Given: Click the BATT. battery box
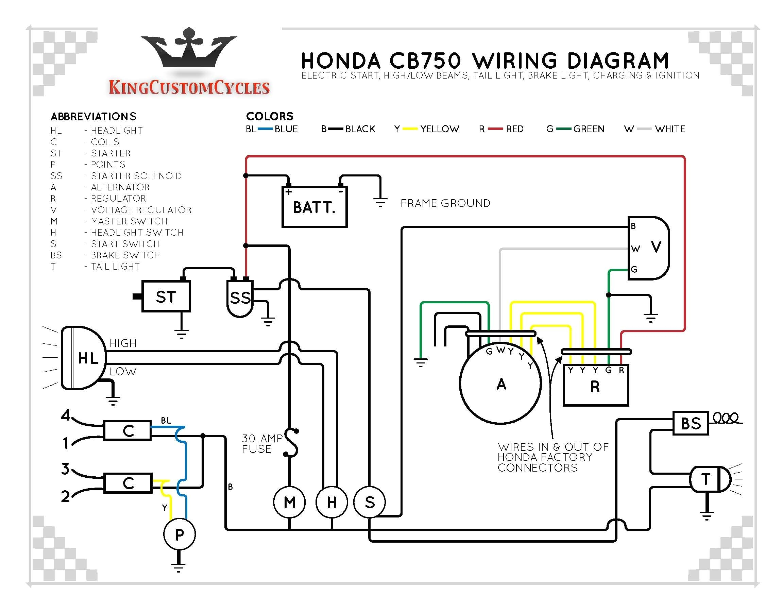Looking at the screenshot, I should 314,207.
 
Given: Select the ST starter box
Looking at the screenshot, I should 166,297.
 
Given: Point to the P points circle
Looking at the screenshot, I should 180,534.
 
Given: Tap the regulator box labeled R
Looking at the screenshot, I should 595,386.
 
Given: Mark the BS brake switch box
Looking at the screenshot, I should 690,423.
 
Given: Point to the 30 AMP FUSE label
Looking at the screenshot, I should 262,444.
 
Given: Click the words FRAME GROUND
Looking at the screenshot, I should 445,203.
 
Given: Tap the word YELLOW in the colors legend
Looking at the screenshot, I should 440,129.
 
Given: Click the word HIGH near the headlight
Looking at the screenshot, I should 123,343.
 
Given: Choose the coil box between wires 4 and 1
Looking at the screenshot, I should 128,430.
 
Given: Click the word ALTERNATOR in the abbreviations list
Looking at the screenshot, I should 120,187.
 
